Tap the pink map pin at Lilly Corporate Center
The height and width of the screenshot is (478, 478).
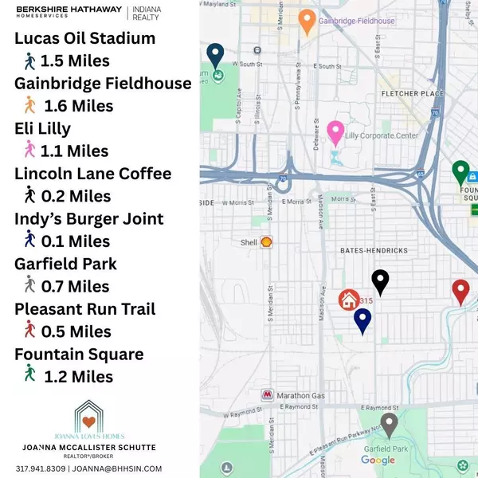tap(335, 132)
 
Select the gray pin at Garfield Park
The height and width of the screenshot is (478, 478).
tap(389, 425)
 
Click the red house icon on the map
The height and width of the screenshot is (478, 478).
tap(348, 300)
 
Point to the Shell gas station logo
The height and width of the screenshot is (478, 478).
tap(266, 241)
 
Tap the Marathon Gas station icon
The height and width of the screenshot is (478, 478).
tap(268, 395)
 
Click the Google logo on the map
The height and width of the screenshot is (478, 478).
tap(378, 460)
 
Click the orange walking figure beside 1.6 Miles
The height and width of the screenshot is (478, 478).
tap(30, 104)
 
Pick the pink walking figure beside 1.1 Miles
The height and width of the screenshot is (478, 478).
tap(30, 149)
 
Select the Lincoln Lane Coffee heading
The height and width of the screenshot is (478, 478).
tap(92, 174)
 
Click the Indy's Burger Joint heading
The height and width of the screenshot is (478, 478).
tap(89, 219)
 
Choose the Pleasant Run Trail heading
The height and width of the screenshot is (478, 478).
tap(85, 309)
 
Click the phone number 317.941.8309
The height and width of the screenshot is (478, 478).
tap(41, 468)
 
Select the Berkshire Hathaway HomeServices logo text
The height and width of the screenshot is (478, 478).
tap(69, 14)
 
